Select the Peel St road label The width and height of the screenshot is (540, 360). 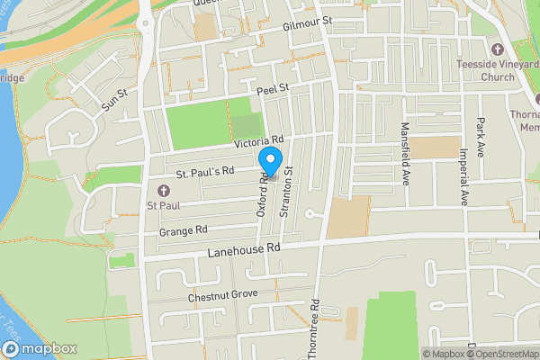point(271,89)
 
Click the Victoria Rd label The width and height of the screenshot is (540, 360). point(258,141)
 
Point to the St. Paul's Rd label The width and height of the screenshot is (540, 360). point(205,170)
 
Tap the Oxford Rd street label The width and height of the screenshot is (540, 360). point(264,196)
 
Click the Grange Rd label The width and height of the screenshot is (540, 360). point(183,231)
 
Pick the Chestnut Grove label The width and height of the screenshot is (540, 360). point(222,294)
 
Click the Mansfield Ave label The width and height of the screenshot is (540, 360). point(406,154)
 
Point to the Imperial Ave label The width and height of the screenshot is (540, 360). point(465,175)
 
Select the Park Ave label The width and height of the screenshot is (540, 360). point(482,135)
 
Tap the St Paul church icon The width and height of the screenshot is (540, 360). point(164,190)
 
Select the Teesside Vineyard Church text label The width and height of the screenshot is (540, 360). point(498,69)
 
